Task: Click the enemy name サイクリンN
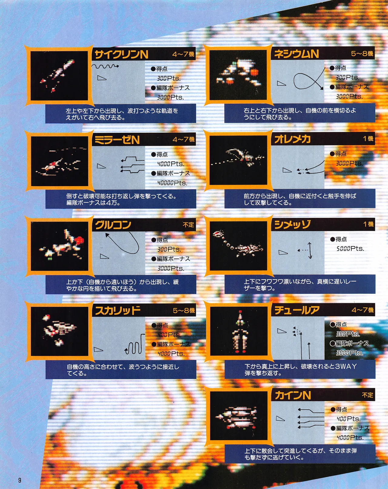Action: [121, 55]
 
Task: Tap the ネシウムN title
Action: [296, 54]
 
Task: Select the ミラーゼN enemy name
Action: [117, 140]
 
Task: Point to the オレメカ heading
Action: [292, 139]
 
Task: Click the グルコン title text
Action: [113, 225]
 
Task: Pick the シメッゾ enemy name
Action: [292, 225]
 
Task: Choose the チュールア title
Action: [297, 310]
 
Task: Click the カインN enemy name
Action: [293, 395]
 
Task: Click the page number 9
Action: [20, 480]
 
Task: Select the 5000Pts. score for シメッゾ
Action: [350, 249]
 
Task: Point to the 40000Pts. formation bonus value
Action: [172, 183]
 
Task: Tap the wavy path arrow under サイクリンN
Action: [105, 66]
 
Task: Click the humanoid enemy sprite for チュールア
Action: [240, 333]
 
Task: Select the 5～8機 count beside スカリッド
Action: [184, 311]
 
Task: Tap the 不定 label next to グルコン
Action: [188, 225]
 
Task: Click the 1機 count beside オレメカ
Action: [368, 139]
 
